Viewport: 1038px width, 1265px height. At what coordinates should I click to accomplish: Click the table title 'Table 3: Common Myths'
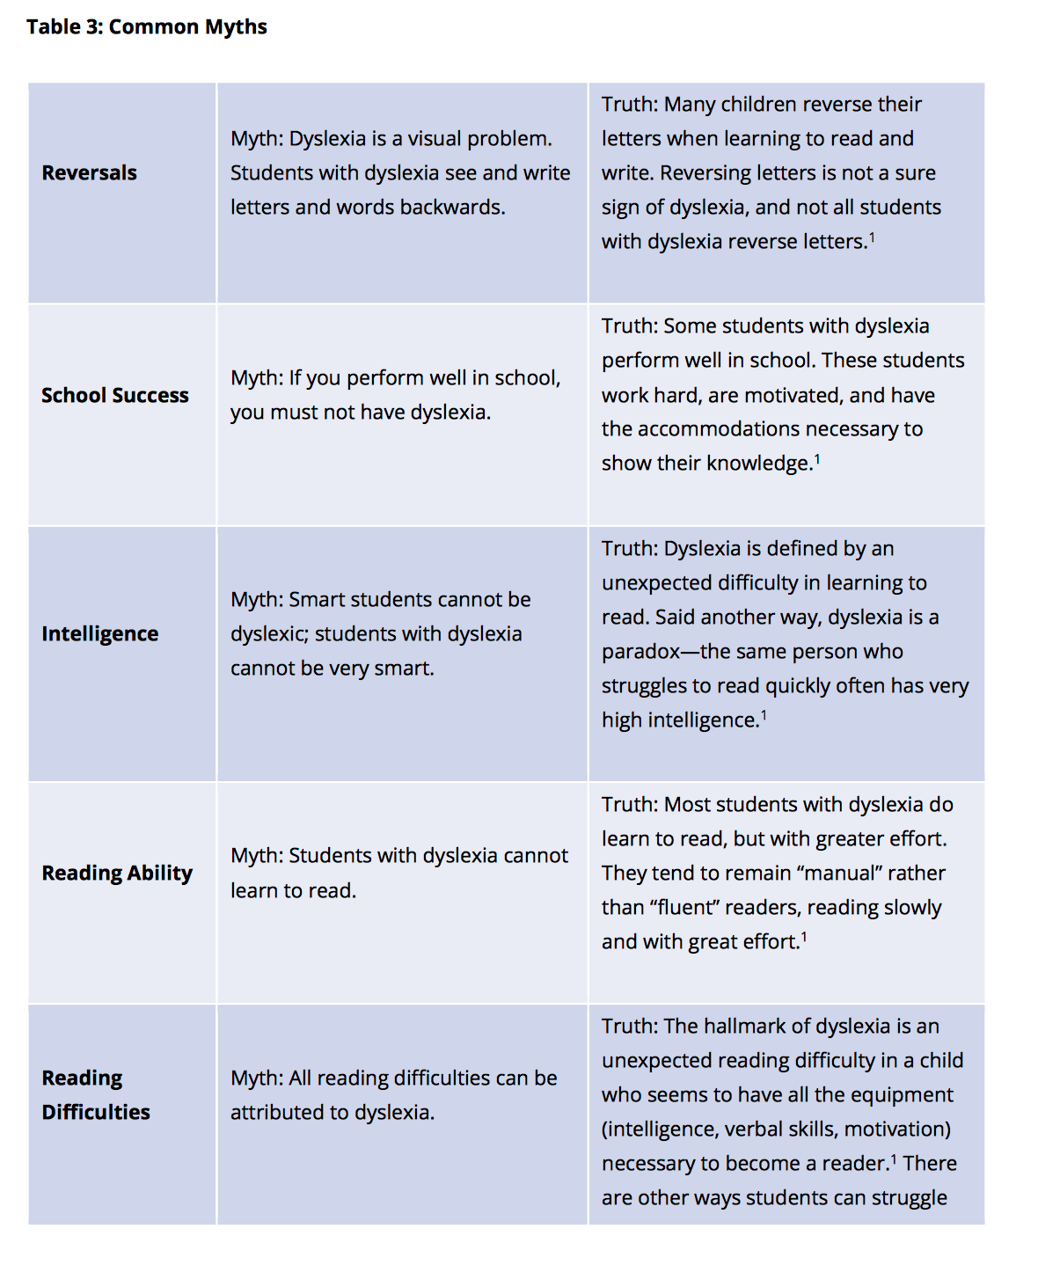coord(146,27)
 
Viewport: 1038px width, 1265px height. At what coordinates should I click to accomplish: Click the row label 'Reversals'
coord(89,173)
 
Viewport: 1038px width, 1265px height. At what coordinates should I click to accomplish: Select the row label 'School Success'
coord(114,396)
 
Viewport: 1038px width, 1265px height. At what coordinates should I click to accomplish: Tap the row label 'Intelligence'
coord(99,634)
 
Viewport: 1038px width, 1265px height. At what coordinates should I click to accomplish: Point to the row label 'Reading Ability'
coord(116,874)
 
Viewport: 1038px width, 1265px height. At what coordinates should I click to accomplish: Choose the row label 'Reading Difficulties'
coord(95,1095)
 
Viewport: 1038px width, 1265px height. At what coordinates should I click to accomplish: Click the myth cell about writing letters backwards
coord(400,173)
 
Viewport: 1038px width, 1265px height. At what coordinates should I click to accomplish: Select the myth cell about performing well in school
coord(395,395)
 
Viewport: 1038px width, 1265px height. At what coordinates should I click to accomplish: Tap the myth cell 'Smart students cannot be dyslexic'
coord(380,634)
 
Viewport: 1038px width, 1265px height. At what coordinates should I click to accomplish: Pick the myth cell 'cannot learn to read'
coord(398,873)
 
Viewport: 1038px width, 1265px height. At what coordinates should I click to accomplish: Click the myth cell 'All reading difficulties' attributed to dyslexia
coord(393,1095)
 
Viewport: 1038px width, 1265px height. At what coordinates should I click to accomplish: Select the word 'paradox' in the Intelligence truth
coord(640,652)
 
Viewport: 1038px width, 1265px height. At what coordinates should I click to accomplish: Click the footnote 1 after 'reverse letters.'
coord(872,237)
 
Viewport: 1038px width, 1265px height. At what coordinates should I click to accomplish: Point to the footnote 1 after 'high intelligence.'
coord(764,715)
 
